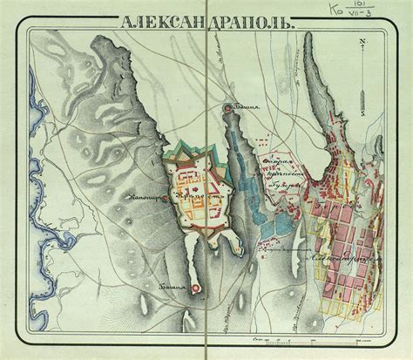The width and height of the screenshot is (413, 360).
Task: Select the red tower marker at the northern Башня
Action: click(x=229, y=108)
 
